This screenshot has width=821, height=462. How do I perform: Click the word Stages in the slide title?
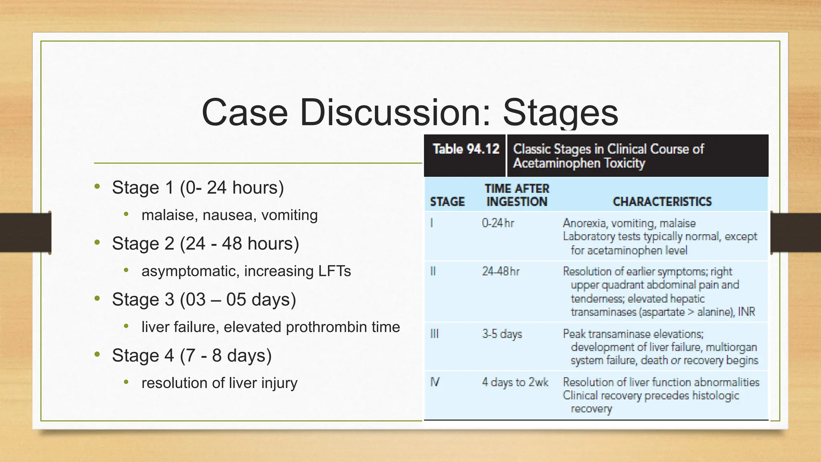pos(560,113)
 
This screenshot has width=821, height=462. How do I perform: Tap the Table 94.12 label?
pos(466,149)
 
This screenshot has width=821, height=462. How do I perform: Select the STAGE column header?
pos(447,201)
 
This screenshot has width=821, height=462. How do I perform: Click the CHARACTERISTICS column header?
pos(662,201)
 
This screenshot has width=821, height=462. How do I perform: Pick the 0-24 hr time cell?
pos(498,223)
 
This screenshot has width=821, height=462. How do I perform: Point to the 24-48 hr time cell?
pos(500,272)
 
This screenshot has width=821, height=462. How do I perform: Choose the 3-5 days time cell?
pos(502,334)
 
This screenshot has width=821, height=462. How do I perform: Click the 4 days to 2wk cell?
pos(515,382)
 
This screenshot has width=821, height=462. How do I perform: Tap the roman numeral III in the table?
pos(434,334)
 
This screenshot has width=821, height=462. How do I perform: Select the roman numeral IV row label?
pos(435,382)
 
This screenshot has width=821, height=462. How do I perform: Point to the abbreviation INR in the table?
pos(746,312)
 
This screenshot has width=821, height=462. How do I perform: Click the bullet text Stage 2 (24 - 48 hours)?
pos(205,243)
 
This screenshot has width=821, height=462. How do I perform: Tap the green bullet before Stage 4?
pos(97,355)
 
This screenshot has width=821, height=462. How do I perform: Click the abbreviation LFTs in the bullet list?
pos(334,271)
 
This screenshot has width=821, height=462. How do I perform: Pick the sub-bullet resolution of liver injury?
pos(219,383)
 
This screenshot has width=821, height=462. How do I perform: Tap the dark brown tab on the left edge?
pos(25,233)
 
